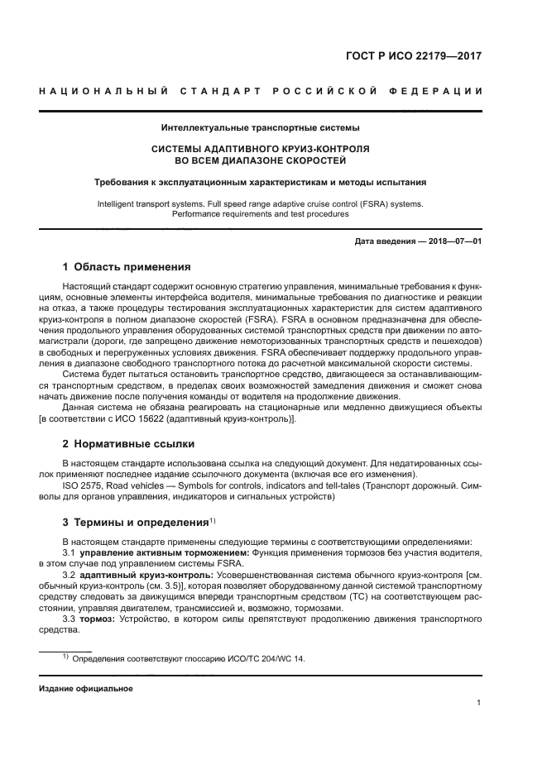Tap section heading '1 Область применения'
click(x=127, y=268)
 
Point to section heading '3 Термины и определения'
click(x=136, y=523)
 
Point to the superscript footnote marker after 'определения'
click(x=213, y=520)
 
